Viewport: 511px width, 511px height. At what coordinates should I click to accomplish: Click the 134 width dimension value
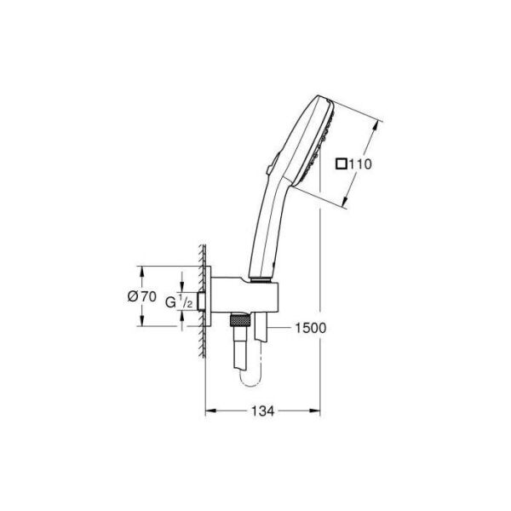(x=262, y=411)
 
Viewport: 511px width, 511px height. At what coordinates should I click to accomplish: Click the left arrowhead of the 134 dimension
(x=210, y=411)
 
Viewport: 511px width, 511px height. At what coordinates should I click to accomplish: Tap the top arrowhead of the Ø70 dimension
(x=141, y=269)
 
